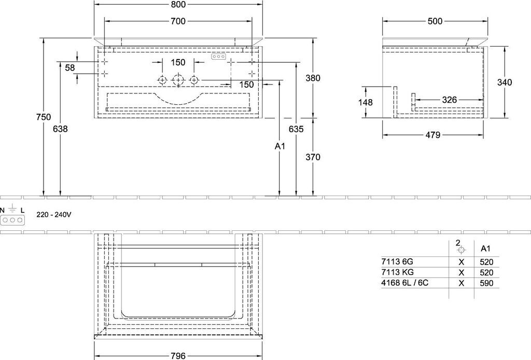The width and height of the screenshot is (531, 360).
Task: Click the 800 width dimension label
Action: click(x=178, y=4)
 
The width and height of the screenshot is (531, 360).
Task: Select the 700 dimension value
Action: click(x=178, y=21)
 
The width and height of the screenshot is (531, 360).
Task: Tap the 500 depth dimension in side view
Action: click(x=435, y=21)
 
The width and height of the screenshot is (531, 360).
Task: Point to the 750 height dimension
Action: click(x=44, y=117)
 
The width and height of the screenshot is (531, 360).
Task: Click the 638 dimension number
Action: click(x=60, y=129)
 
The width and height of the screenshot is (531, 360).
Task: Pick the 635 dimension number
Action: click(x=296, y=129)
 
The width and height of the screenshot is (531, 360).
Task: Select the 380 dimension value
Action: click(x=313, y=78)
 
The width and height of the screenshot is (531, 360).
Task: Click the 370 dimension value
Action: click(x=313, y=157)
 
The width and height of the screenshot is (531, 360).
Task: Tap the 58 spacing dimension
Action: click(x=70, y=68)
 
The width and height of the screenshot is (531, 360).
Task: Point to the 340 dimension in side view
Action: click(x=505, y=82)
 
